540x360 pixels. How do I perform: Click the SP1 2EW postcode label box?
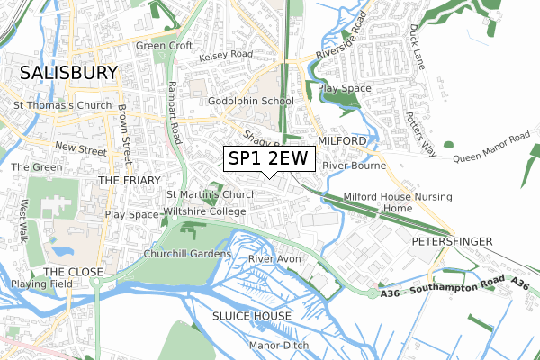[x=269, y=159]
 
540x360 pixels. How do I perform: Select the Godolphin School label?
[x=251, y=101]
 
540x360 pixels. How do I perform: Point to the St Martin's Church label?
[x=212, y=194]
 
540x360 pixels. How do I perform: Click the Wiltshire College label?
[x=204, y=211]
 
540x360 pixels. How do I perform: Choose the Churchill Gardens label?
[x=188, y=254]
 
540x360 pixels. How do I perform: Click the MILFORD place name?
[x=342, y=142]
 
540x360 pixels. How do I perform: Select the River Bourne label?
[x=354, y=166]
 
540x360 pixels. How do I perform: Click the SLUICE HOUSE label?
[x=252, y=316]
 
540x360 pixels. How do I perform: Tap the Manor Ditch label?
[x=279, y=346]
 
